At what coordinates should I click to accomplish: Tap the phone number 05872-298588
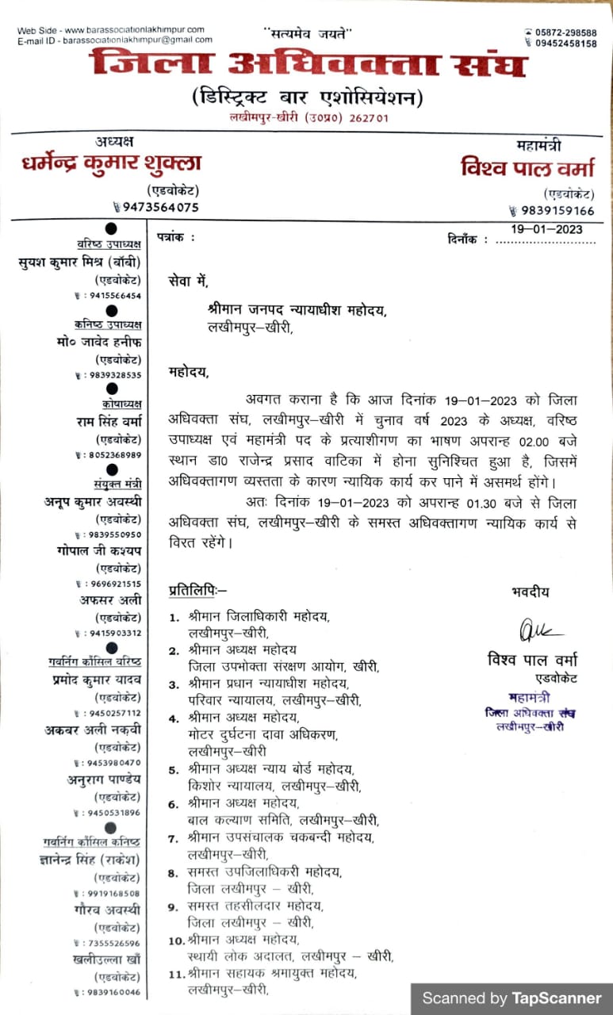tap(565, 33)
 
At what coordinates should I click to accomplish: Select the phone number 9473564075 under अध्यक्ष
tap(159, 207)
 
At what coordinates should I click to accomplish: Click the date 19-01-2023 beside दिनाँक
tap(546, 229)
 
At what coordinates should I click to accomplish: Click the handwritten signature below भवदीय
tap(541, 631)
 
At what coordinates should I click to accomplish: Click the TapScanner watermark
tap(511, 998)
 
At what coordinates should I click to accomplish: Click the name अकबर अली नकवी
tap(92, 730)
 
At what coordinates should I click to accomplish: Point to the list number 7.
tap(173, 837)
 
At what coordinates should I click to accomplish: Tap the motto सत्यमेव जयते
tap(307, 33)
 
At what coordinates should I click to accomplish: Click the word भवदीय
tap(531, 592)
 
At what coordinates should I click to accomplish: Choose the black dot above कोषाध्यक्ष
tap(112, 389)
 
